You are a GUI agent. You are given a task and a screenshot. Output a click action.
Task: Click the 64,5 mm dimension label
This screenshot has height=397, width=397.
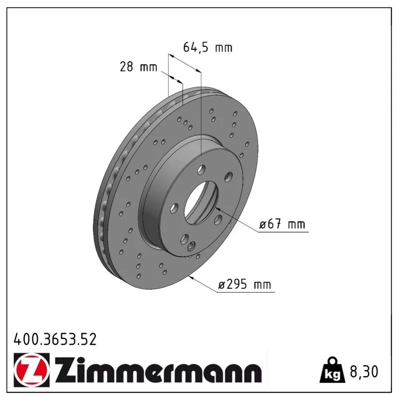pyautogui.click(x=207, y=48)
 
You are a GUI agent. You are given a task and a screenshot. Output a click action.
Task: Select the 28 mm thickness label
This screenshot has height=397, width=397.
pyautogui.click(x=138, y=67)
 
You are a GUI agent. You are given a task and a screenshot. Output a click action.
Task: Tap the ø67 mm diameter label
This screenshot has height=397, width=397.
pyautogui.click(x=282, y=224)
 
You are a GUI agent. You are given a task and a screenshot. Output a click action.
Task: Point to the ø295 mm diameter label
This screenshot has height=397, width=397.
pyautogui.click(x=245, y=284)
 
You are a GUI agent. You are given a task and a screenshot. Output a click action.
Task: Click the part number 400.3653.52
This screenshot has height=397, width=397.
pyautogui.click(x=55, y=339)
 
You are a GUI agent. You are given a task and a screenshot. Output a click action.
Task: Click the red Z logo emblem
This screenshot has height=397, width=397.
pyautogui.click(x=32, y=370)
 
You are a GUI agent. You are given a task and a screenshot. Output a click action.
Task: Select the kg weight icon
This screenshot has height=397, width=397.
pyautogui.click(x=332, y=370)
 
